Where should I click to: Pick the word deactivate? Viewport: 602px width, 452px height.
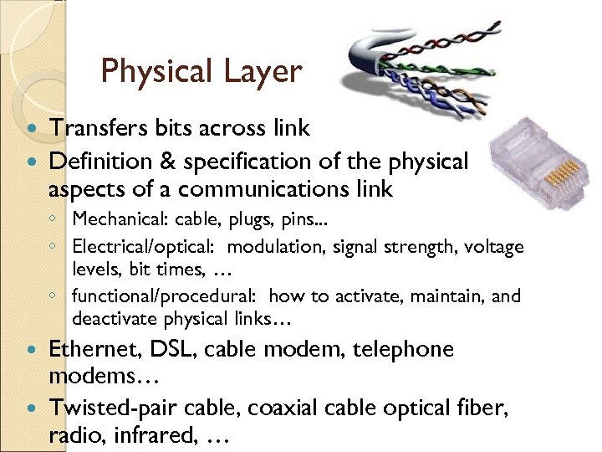tap(110, 319)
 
